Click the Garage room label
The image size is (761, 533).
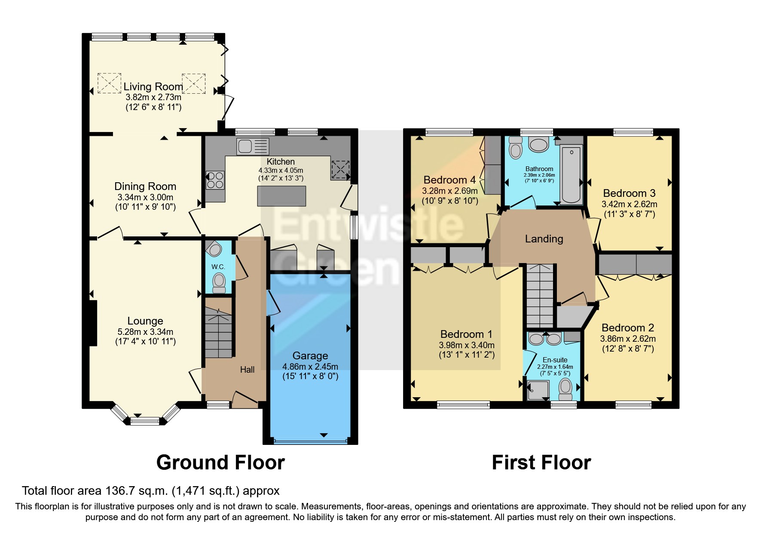310,355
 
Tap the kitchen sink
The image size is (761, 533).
253,146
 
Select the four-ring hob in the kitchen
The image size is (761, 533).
215,180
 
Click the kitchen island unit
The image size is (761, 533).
281,196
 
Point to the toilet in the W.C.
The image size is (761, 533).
219,282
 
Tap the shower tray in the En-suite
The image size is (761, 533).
538,390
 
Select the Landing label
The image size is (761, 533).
544,239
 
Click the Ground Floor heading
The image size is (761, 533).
220,463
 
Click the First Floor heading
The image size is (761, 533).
541,463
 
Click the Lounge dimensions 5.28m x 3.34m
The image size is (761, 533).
145,332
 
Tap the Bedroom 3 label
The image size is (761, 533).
629,193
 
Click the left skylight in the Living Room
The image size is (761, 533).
109,83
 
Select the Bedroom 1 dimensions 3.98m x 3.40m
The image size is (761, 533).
466,345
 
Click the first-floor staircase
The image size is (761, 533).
540,297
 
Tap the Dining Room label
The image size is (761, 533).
145,186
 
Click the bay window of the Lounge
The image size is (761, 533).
145,420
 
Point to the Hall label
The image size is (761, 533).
247,370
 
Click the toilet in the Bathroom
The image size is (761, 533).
515,149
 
